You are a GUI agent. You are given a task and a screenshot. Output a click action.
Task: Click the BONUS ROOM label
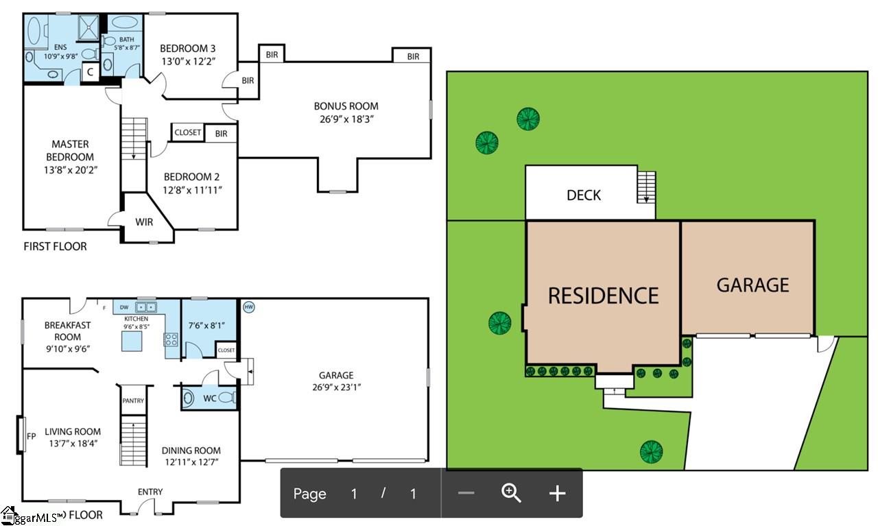tap(346, 106)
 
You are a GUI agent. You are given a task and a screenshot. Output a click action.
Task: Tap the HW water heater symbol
tap(248, 307)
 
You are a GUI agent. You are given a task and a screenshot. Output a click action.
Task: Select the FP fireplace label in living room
tap(30, 435)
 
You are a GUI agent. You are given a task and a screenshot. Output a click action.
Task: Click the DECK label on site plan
tap(584, 195)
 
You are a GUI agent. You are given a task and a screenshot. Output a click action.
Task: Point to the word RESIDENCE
tap(603, 296)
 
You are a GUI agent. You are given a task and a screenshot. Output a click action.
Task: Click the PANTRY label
tap(133, 401)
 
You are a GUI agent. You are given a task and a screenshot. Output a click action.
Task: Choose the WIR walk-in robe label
tap(144, 222)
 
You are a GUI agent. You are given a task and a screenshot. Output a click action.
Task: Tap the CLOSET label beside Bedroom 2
tap(187, 132)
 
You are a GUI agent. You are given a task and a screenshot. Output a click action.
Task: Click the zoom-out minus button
tap(466, 493)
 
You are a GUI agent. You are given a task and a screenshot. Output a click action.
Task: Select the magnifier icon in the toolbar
tap(512, 493)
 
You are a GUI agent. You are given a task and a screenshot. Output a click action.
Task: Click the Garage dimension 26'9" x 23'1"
tap(336, 387)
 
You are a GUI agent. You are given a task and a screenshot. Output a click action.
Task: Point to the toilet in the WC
tap(226, 397)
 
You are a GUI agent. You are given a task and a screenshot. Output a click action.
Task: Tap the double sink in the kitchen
tap(145, 307)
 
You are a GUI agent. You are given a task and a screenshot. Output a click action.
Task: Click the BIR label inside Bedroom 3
tap(248, 81)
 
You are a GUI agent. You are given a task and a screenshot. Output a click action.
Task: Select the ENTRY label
tap(150, 492)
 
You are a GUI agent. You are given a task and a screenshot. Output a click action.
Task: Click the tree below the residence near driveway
tap(651, 451)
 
